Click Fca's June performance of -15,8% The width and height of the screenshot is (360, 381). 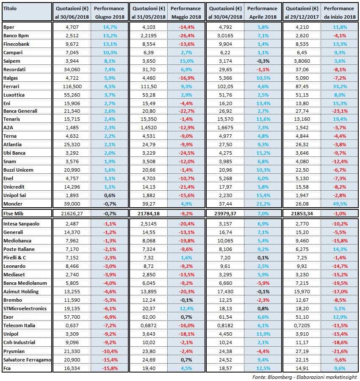[x=109, y=368]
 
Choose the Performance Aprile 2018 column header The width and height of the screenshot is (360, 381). [x=262, y=12]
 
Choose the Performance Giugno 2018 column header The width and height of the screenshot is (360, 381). [x=109, y=12]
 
